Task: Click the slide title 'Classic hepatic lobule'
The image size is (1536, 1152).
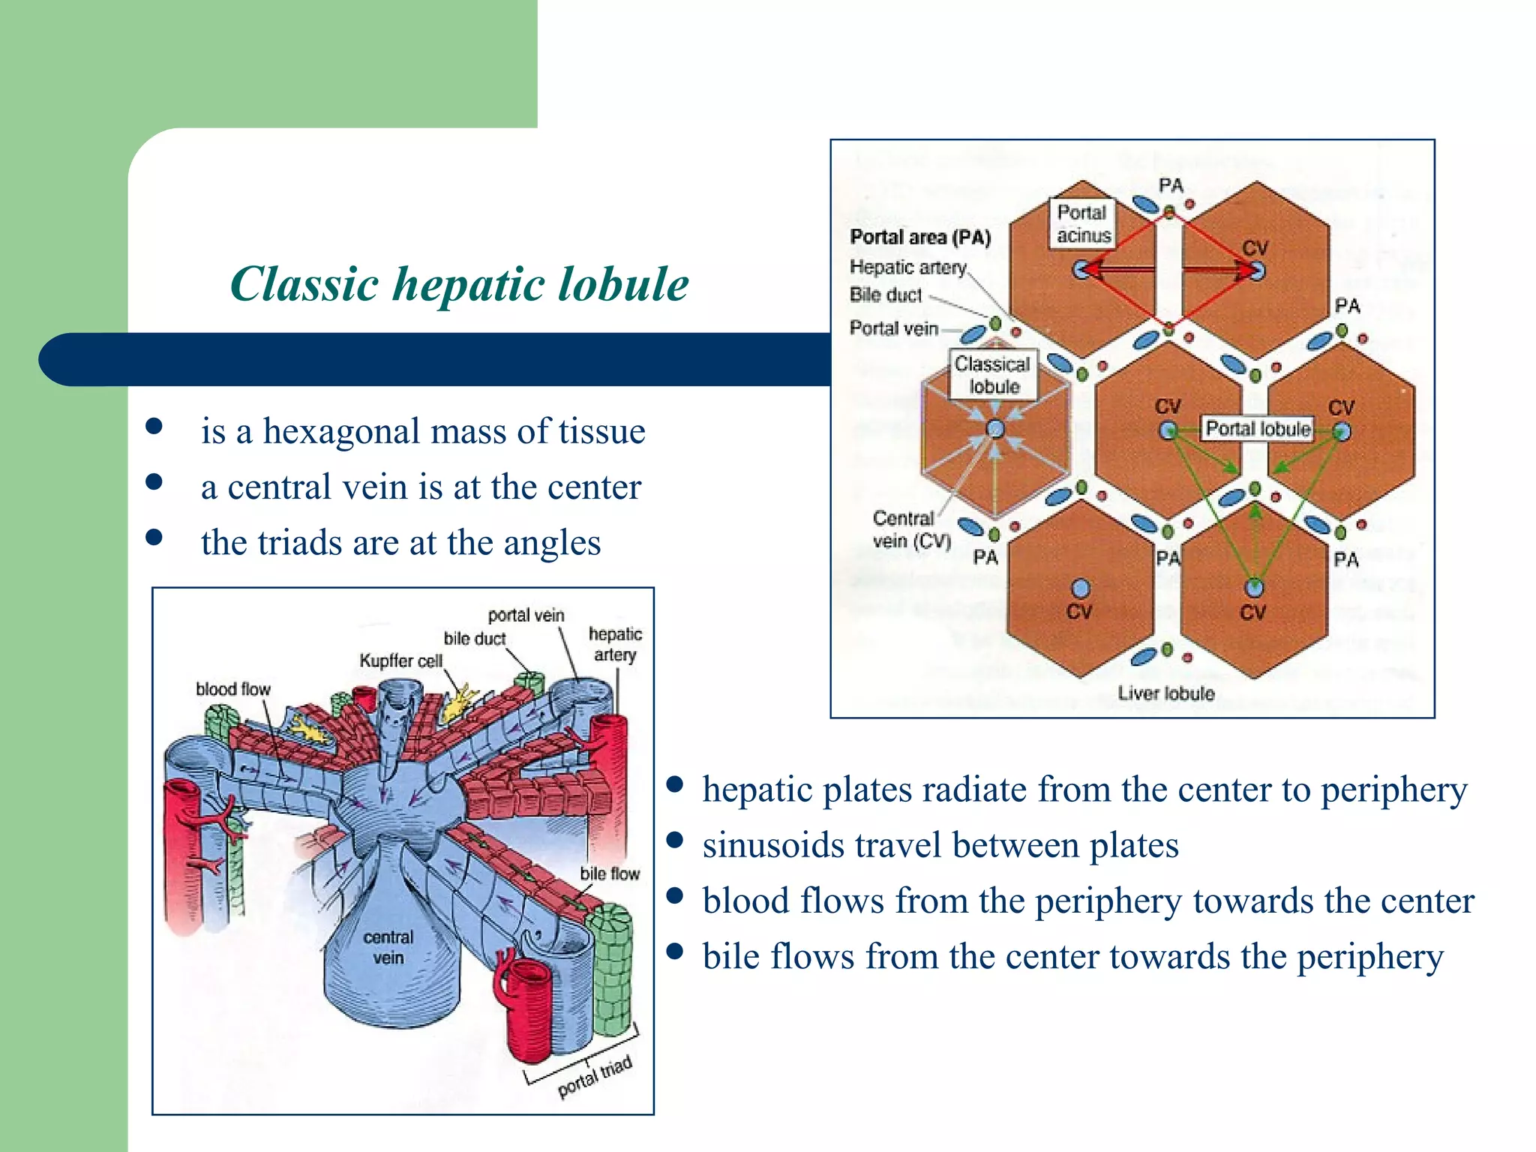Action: pyautogui.click(x=459, y=284)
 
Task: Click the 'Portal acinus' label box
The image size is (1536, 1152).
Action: pyautogui.click(x=1082, y=223)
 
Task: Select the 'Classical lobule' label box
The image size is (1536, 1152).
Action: pyautogui.click(x=994, y=375)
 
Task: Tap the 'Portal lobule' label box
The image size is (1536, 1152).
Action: pyautogui.click(x=1258, y=429)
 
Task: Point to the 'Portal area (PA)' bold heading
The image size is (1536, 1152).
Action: pyautogui.click(x=920, y=238)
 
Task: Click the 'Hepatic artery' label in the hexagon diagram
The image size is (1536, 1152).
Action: pyautogui.click(x=907, y=267)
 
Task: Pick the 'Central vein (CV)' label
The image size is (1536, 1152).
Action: pyautogui.click(x=910, y=529)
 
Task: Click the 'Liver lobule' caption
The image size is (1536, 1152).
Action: pyautogui.click(x=1165, y=693)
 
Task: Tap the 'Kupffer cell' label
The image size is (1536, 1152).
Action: pyautogui.click(x=400, y=661)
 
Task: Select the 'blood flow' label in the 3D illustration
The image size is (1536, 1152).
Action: pyautogui.click(x=232, y=689)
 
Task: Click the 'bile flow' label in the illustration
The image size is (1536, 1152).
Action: pyautogui.click(x=610, y=874)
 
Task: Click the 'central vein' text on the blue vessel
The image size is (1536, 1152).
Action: pyautogui.click(x=388, y=947)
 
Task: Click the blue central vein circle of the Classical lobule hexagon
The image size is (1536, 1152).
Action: pyautogui.click(x=995, y=429)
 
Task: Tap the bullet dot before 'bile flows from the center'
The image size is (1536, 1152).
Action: pyautogui.click(x=675, y=951)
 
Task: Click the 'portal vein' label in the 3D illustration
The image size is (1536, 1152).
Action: pyautogui.click(x=526, y=615)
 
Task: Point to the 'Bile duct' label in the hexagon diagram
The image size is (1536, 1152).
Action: pyautogui.click(x=885, y=295)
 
